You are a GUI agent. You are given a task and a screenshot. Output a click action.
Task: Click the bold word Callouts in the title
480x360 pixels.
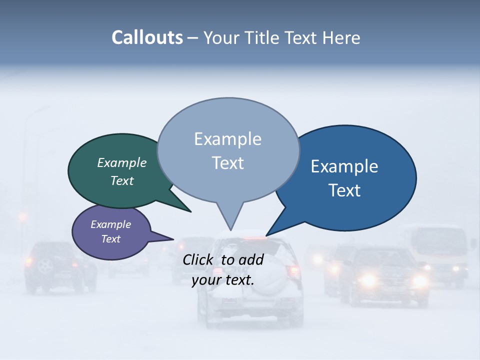147,37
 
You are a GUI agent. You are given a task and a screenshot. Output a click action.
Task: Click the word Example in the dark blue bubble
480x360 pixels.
344,166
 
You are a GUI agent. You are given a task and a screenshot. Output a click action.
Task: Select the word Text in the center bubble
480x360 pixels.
228,163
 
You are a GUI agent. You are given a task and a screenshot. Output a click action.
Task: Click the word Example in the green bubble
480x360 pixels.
122,163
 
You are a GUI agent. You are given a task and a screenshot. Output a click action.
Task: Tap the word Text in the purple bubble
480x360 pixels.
111,239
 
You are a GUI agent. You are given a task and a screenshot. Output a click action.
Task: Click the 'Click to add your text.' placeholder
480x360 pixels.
223,269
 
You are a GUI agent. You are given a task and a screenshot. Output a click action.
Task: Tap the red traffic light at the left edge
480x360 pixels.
22,216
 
